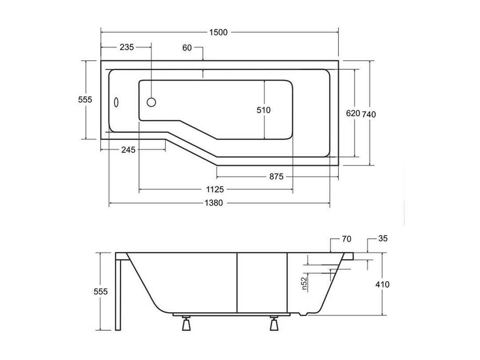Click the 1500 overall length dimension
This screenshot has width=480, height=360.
coord(218,32)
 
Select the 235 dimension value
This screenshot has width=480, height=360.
coord(127,47)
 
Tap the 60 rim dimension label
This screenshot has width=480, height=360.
coord(187,48)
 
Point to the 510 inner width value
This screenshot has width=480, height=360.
coord(264,110)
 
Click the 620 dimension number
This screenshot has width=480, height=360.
coord(353,113)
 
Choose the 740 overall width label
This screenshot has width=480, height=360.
coord(369,114)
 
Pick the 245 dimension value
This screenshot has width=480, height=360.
coord(128,150)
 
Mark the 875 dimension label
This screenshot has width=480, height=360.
coord(277,177)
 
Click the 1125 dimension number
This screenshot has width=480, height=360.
coord(215,190)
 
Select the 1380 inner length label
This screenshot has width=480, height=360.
coord(214,203)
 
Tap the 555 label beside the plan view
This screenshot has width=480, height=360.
coord(85,99)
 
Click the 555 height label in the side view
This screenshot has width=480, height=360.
coord(101,292)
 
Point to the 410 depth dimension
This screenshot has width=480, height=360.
coord(382,285)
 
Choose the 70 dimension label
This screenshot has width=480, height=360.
coord(346,239)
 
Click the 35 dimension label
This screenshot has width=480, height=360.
coord(383,238)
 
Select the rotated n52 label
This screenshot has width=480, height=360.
coord(304,283)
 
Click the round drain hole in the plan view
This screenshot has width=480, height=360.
coord(151,102)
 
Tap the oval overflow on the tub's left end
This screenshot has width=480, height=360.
coord(116,102)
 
